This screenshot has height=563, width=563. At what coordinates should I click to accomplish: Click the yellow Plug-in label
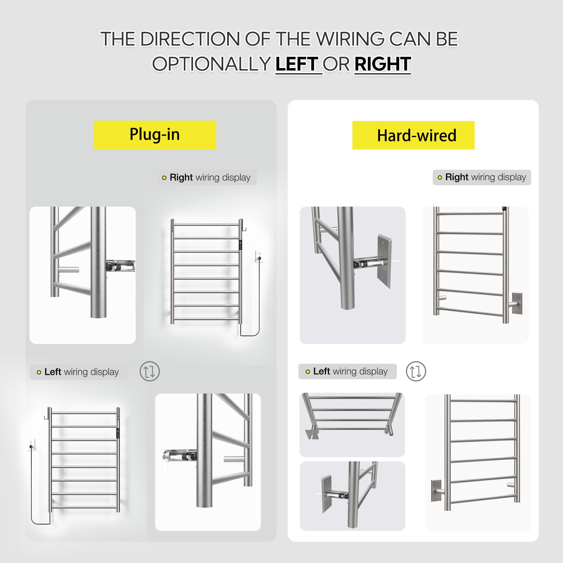[155, 135]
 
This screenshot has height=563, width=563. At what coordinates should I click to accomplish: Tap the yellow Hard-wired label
[413, 135]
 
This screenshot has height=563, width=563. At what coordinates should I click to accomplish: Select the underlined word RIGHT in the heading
[383, 64]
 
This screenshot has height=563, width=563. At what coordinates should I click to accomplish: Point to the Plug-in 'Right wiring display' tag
[207, 177]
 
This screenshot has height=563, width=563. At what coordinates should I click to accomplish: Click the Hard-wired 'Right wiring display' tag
[482, 177]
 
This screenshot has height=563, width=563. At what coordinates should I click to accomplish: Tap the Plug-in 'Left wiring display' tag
[79, 372]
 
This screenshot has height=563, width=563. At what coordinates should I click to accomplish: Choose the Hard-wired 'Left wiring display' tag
[348, 371]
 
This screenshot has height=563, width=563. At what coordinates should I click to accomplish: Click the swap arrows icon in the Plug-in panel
[149, 372]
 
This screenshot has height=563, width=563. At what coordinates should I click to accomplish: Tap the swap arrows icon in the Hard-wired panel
[416, 372]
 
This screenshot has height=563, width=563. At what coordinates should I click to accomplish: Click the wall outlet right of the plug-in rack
[259, 256]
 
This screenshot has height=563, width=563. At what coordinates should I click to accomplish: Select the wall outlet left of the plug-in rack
[31, 445]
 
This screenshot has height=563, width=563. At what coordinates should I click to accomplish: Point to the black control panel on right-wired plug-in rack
[240, 245]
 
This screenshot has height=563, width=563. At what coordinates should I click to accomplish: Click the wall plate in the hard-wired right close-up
[385, 261]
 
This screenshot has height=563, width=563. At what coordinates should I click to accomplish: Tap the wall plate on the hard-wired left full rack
[436, 490]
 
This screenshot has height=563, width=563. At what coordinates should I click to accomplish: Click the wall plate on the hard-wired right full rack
[517, 304]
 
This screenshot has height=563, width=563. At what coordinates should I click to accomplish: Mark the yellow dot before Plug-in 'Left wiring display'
[39, 372]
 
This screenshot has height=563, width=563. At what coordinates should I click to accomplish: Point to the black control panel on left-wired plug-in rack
[118, 433]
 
